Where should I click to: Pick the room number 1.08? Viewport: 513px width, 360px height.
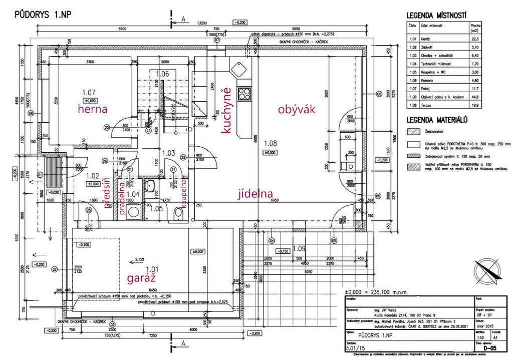tap(271, 143)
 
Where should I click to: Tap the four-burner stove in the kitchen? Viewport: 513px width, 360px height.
tap(244, 93)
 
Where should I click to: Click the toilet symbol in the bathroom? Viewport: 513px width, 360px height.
tap(177, 215)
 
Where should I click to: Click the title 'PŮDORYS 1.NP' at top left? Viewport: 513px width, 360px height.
tap(43, 15)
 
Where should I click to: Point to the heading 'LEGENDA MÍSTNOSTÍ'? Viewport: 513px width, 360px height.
tap(437, 16)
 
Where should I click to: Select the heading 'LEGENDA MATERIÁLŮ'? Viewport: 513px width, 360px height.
tap(437, 120)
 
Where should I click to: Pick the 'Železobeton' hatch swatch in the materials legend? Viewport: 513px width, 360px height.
tap(414, 132)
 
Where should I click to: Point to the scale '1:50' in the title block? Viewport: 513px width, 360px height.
tap(480, 338)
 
